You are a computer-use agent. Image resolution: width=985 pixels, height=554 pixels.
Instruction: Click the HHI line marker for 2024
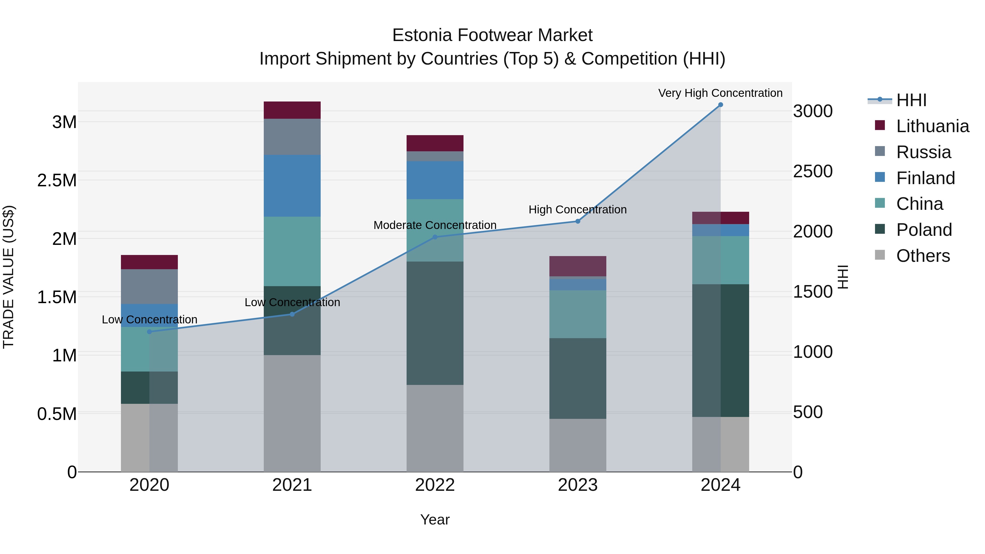(x=720, y=105)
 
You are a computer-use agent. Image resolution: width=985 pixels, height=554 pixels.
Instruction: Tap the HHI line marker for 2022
(x=435, y=237)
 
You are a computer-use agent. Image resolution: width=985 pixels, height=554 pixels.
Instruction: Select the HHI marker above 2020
(x=149, y=332)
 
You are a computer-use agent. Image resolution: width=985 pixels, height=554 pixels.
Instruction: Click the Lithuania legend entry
(x=932, y=126)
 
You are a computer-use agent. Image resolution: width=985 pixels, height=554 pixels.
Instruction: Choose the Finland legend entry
(x=925, y=178)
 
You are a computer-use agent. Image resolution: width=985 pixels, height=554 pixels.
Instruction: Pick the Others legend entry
(x=923, y=256)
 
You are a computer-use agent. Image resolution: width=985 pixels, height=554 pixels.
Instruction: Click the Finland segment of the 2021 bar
(x=292, y=186)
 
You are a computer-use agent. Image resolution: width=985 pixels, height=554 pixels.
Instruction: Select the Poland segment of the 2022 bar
(x=435, y=323)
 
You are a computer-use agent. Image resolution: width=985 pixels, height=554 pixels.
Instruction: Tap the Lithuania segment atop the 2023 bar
(x=578, y=266)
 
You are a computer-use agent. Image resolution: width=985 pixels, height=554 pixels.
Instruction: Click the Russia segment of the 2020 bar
(x=149, y=287)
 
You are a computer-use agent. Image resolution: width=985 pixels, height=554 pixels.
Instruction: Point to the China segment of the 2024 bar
(x=720, y=260)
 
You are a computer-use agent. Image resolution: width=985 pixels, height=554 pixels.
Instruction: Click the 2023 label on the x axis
(x=578, y=485)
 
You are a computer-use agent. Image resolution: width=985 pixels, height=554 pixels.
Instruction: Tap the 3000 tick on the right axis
(x=813, y=111)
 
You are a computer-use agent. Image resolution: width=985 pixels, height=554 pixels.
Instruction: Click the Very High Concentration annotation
(x=720, y=93)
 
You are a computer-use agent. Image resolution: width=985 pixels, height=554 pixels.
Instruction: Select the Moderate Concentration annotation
(x=435, y=225)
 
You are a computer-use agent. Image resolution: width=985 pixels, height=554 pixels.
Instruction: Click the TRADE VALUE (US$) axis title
(x=8, y=277)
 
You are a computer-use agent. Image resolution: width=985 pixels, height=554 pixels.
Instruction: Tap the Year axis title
(x=435, y=520)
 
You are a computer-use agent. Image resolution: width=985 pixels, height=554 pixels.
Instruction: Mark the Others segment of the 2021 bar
(x=292, y=413)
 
